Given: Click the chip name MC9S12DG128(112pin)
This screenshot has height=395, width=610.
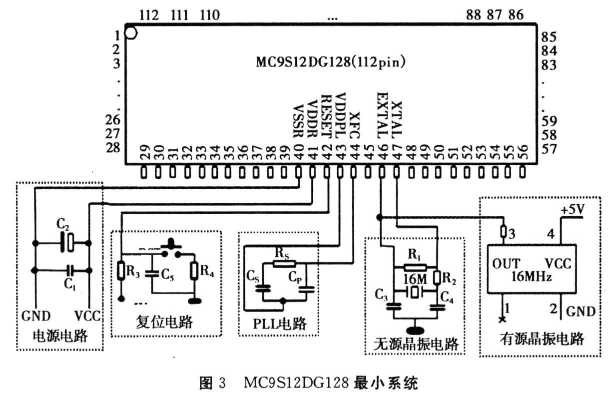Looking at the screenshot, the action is click(330, 62).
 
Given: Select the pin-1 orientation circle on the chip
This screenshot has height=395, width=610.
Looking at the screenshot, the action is click(131, 33).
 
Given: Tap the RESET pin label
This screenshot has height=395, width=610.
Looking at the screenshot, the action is click(326, 116).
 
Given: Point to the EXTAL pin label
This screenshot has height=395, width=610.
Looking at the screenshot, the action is click(382, 115).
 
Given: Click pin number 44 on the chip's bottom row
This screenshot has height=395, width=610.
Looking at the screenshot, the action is click(355, 152).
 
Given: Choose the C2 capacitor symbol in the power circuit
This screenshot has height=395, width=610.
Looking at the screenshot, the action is click(67, 242).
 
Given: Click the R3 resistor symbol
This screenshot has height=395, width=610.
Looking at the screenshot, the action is click(121, 270).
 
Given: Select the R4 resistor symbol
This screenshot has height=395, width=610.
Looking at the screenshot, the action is click(194, 271).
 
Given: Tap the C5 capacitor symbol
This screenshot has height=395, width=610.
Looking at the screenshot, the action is click(152, 274).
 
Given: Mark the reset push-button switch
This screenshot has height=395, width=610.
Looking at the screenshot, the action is click(171, 249).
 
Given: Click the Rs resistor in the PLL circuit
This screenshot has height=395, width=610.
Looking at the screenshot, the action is click(284, 264).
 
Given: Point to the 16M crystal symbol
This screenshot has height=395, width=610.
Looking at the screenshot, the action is click(415, 292).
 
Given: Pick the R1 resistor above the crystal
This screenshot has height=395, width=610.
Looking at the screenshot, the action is click(416, 268).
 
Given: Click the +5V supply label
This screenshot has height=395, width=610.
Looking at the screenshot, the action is click(573, 210).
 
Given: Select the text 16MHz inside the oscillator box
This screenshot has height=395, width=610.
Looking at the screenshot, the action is click(531, 277).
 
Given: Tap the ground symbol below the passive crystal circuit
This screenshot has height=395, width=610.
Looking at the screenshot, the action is click(415, 331).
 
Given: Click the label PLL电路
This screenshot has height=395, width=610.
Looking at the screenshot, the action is click(279, 324).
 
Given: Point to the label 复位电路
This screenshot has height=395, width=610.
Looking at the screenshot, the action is click(164, 322).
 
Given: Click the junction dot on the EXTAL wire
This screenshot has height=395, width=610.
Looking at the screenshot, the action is click(379, 217).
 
